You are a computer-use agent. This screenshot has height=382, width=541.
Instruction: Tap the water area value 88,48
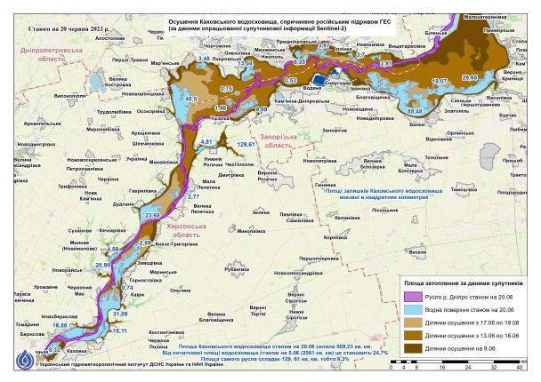415,112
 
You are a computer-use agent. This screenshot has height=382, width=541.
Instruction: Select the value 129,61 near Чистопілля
246,144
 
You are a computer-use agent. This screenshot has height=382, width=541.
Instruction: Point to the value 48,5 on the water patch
189,99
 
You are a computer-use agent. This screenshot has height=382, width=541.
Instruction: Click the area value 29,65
469,78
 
